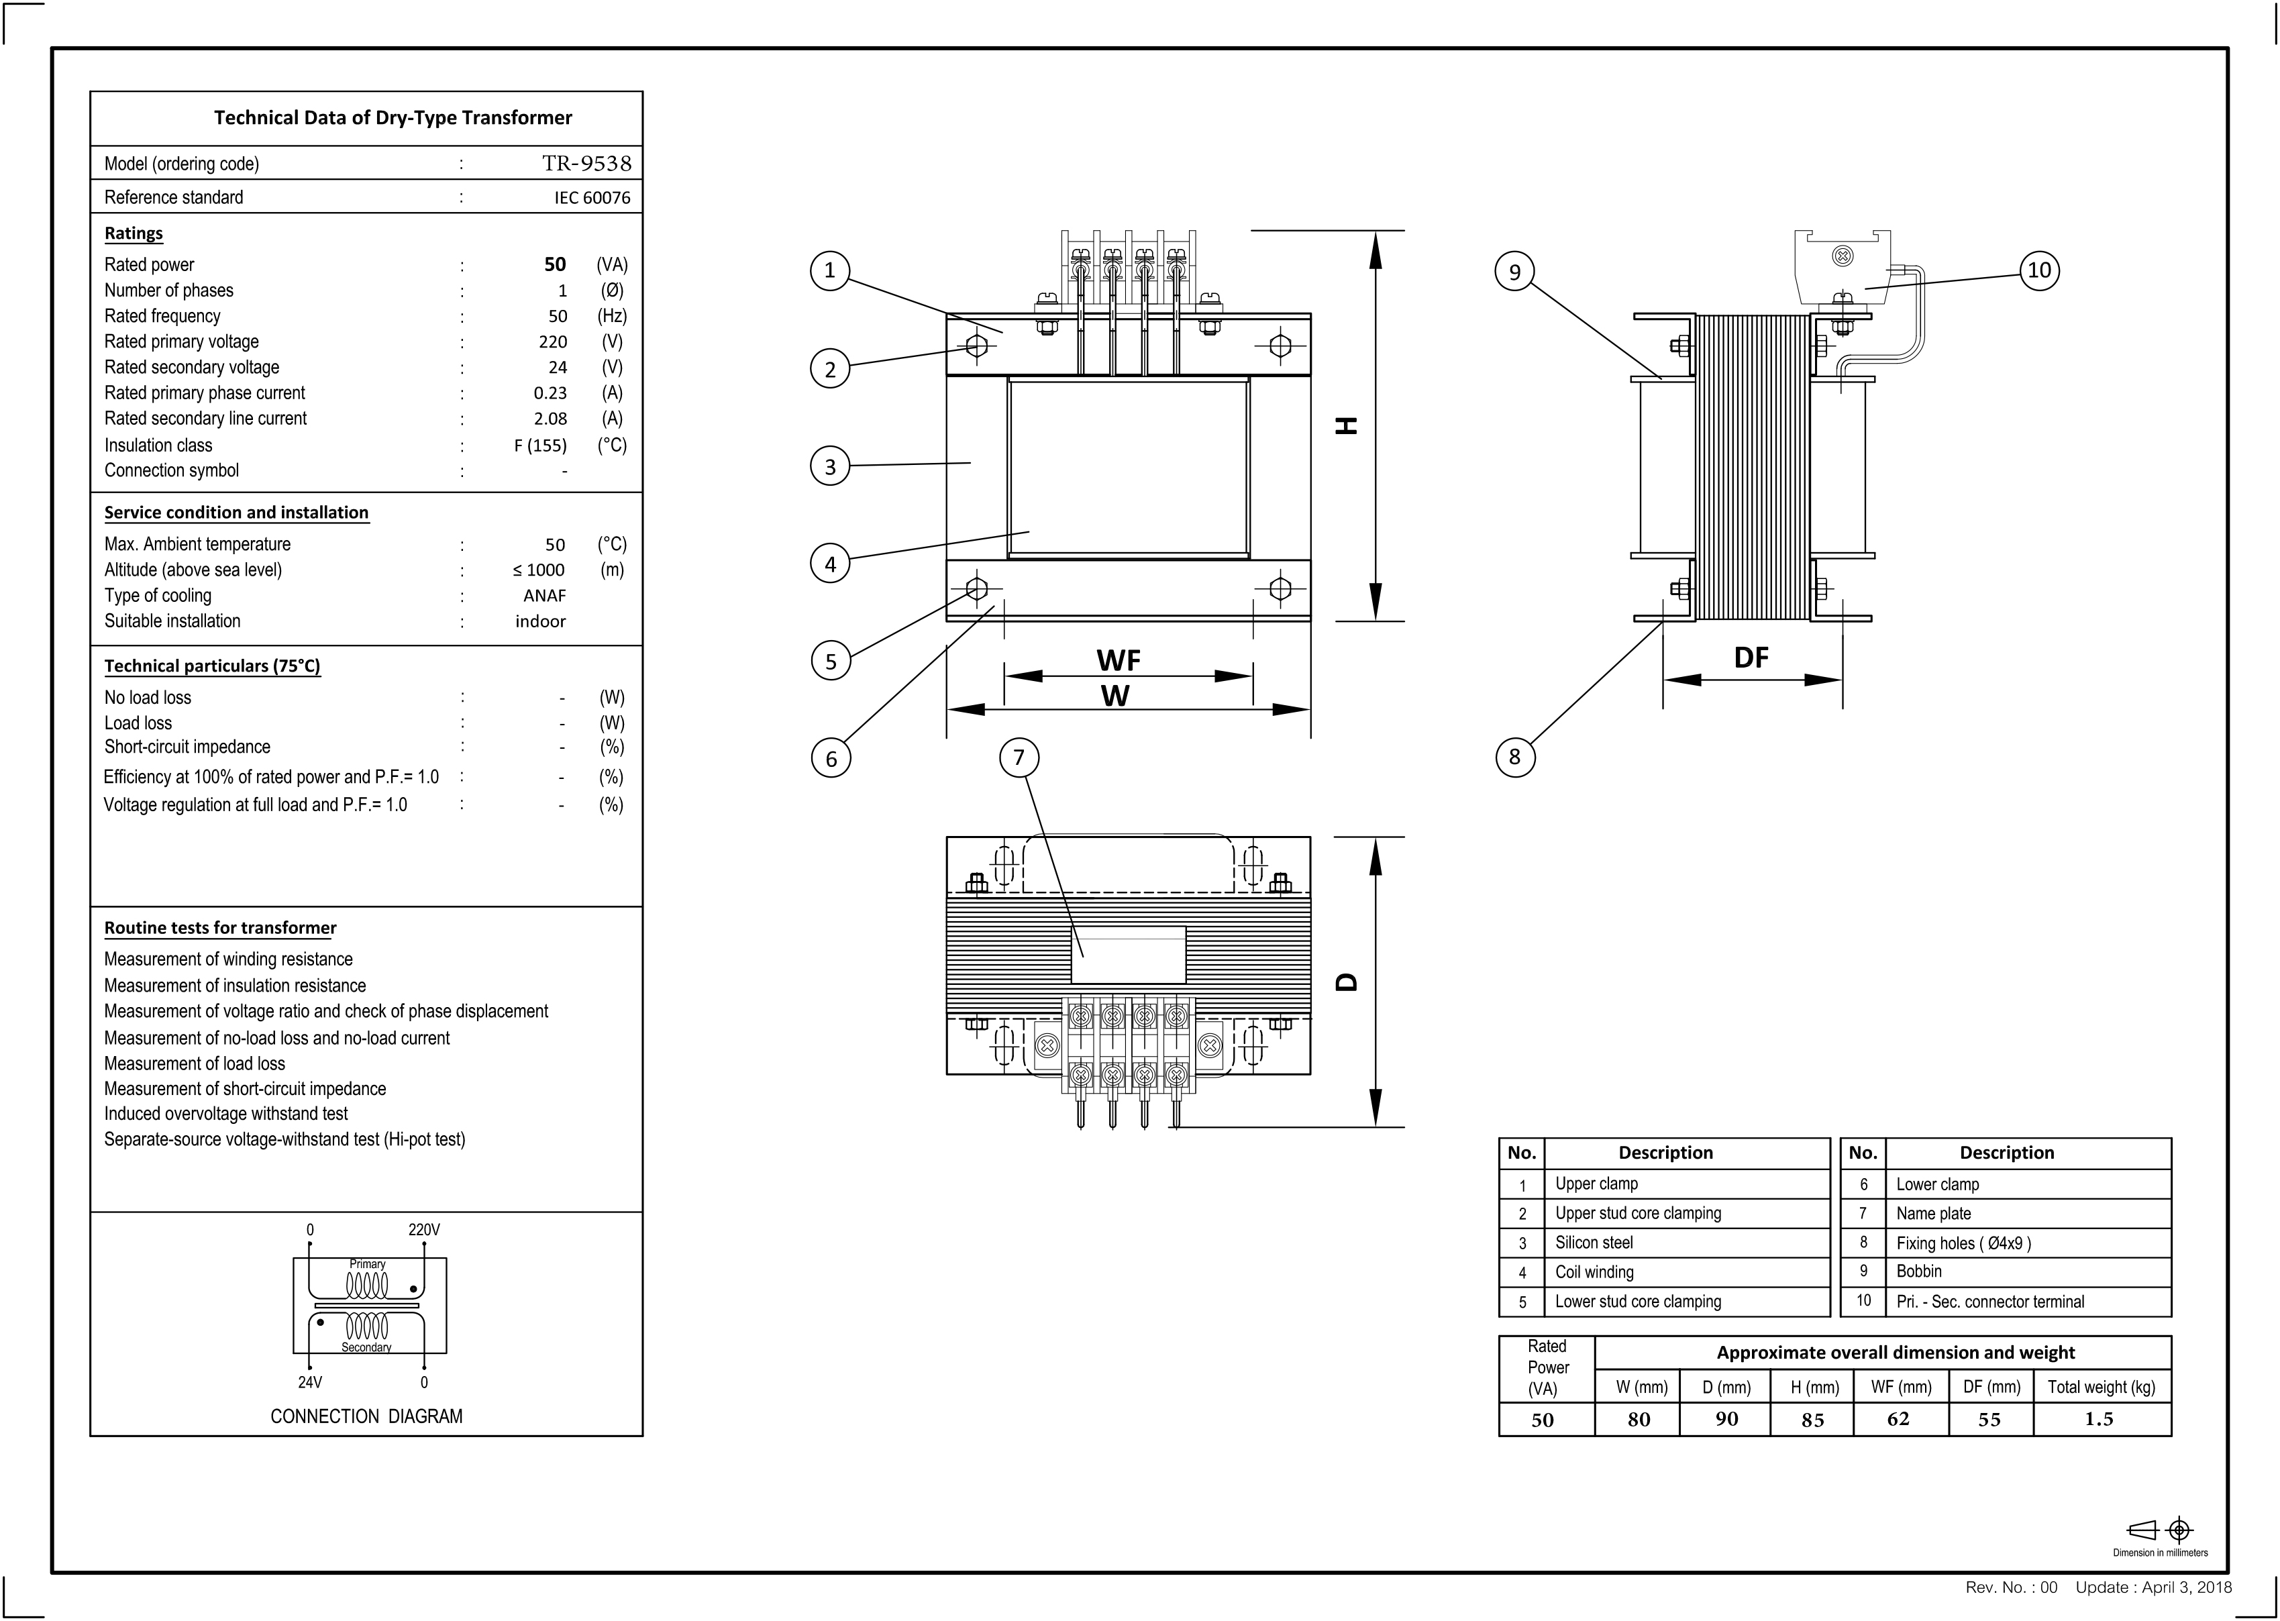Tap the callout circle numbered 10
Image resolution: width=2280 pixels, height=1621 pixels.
coord(2038,270)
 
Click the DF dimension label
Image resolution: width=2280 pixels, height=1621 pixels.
coord(1751,657)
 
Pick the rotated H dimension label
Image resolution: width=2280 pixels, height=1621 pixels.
coord(1347,425)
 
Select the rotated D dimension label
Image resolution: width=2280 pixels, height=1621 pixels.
coord(1347,981)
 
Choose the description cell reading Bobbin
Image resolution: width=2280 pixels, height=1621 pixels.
coord(1918,1271)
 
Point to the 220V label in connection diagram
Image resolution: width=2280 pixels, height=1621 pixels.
coord(423,1230)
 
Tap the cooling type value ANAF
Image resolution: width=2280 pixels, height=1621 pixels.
coord(544,596)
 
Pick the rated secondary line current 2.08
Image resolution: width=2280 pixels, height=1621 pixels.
coord(550,419)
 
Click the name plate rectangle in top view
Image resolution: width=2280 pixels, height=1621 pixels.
coord(1128,955)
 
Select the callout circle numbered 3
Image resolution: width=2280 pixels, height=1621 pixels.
coord(829,466)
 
